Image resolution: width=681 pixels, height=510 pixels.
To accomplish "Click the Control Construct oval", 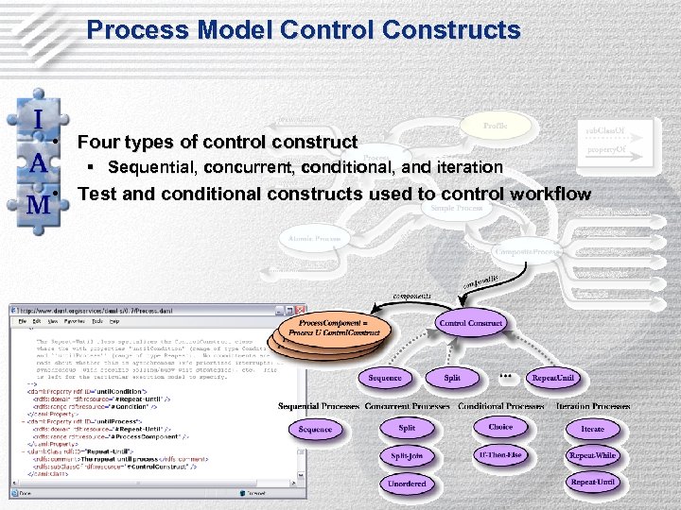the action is point(470,323).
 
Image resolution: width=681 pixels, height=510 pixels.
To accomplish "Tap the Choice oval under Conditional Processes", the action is point(500,427).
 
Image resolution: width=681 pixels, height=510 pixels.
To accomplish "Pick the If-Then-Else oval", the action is point(500,454).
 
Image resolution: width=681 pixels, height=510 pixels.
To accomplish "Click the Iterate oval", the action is point(592,429).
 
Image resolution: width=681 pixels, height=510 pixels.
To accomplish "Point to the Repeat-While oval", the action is point(592,455).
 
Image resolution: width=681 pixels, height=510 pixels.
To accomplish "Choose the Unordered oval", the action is point(407,484).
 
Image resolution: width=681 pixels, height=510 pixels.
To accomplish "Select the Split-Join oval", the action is point(407,455).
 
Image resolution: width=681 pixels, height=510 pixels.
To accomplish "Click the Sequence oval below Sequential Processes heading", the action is point(315,429).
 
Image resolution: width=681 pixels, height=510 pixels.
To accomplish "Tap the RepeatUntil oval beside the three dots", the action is point(552,378).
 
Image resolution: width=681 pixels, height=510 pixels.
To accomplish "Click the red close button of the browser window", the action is point(300,310).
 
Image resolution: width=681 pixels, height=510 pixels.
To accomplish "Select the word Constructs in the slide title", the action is point(451,30).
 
